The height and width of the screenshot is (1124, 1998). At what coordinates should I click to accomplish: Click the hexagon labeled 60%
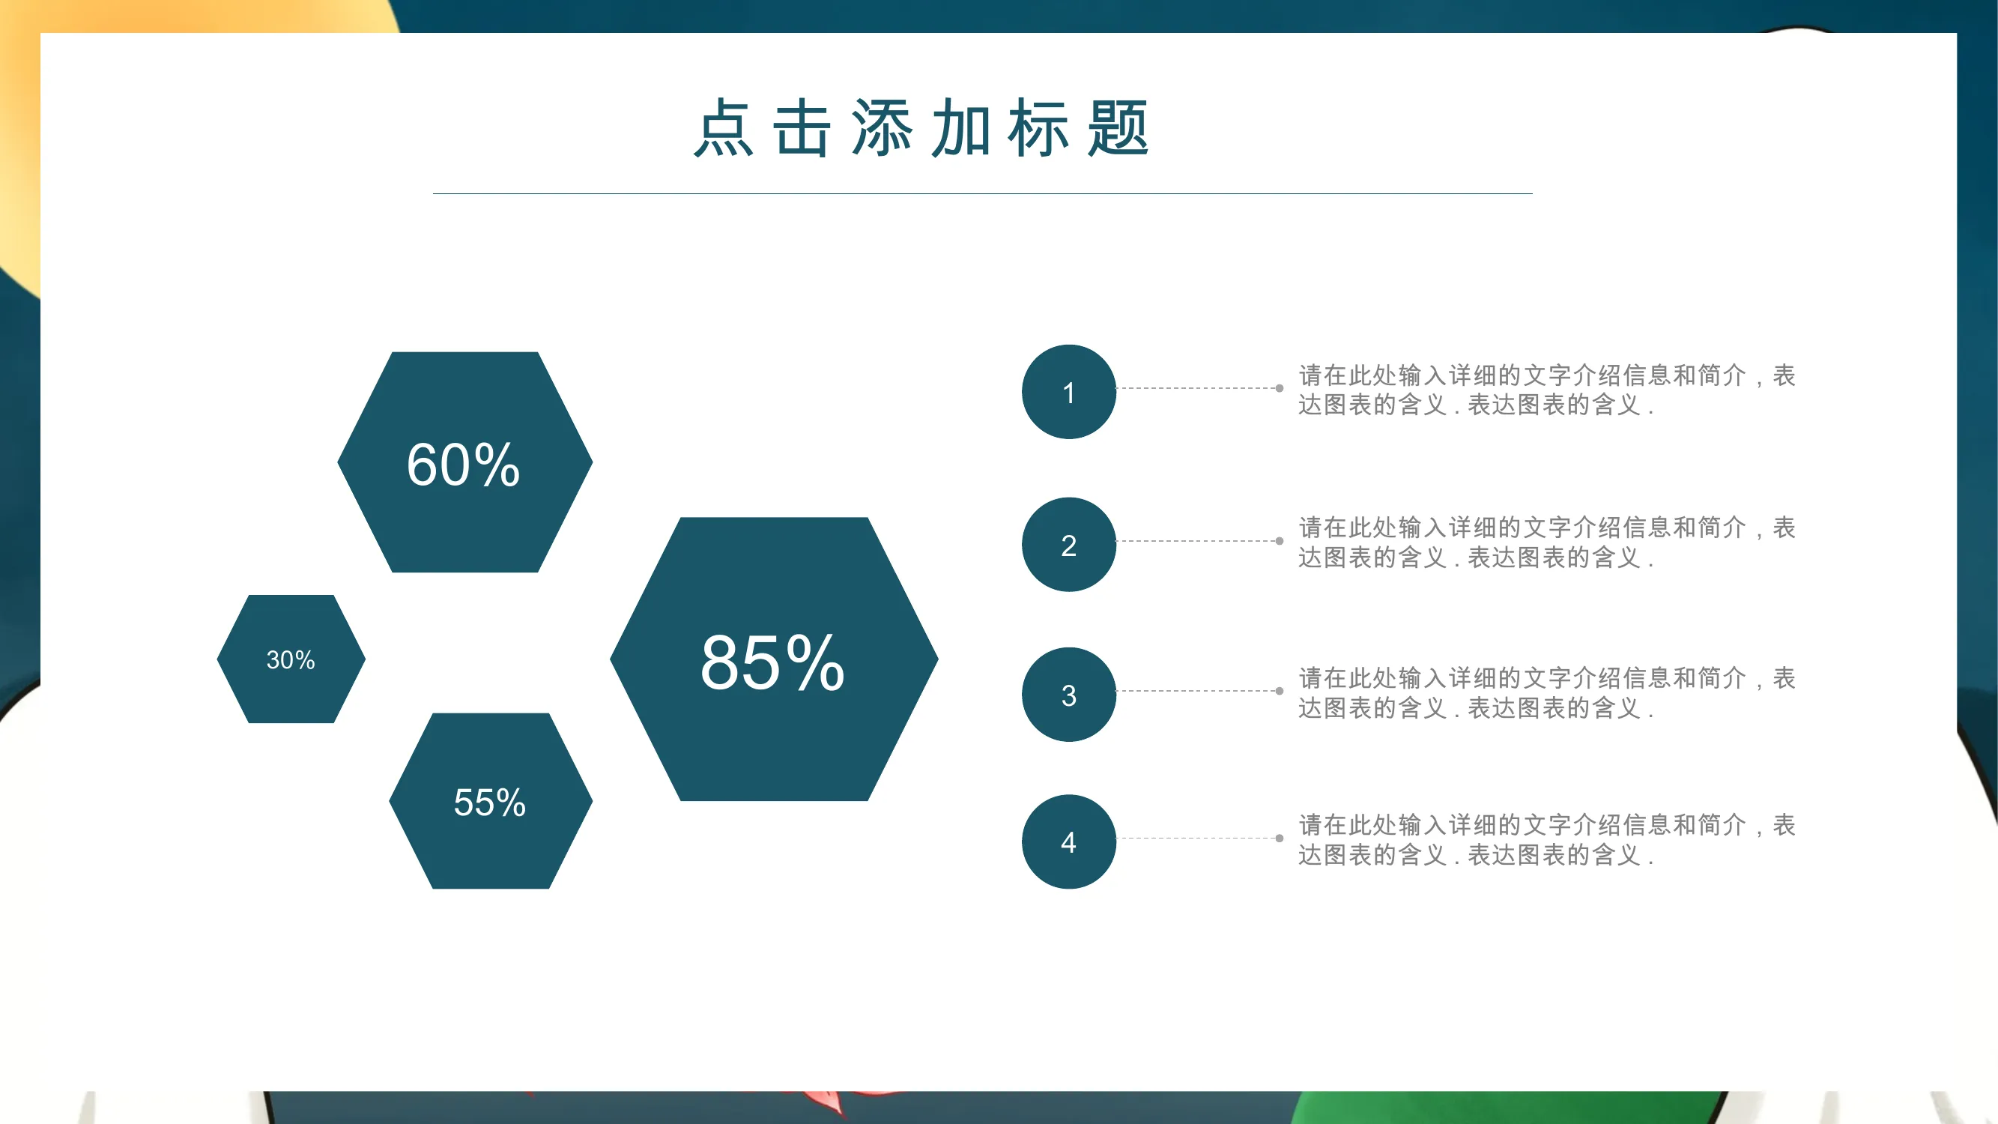pos(464,462)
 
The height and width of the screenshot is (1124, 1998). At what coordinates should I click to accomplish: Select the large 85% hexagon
pos(774,659)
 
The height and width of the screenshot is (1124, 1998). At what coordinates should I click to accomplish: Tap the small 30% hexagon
pos(291,659)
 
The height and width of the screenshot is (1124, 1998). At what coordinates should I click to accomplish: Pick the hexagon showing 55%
pos(490,800)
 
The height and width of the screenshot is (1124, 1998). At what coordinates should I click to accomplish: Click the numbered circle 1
pos(1069,392)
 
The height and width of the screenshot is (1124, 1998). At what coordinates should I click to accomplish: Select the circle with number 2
pos(1069,545)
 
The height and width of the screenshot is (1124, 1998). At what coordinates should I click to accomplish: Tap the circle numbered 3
pos(1069,695)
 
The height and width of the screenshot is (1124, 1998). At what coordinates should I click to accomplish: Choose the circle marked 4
pos(1069,842)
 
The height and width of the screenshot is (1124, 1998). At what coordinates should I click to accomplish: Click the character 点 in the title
pos(723,128)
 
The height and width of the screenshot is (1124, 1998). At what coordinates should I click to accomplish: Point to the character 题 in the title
pos(1118,128)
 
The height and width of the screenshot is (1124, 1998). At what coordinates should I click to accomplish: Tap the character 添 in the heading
pos(881,128)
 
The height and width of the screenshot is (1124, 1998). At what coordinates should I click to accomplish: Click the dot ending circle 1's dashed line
pos(1280,388)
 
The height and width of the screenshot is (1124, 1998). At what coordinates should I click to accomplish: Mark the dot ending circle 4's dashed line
pos(1280,838)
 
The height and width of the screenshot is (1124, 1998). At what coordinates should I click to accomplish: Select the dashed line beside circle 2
pos(1197,541)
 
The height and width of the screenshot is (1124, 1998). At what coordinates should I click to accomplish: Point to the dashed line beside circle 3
pos(1197,690)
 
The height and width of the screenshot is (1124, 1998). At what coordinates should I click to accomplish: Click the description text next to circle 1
pos(1546,390)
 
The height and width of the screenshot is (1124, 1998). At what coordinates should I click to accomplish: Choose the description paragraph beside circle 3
pos(1546,692)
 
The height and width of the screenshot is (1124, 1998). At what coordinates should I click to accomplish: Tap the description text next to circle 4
pos(1546,839)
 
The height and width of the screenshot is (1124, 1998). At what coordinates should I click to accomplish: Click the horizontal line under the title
pos(983,193)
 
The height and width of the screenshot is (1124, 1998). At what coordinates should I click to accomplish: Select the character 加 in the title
pos(960,128)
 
